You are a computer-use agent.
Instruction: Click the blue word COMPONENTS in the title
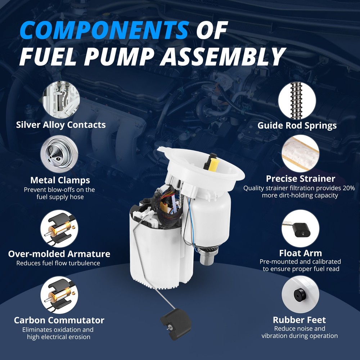pyautogui.click(x=104, y=30)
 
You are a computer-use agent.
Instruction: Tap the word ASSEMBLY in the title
pyautogui.click(x=223, y=57)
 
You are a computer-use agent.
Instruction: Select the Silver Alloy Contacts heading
pyautogui.click(x=61, y=125)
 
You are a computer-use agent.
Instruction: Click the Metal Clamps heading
pyautogui.click(x=60, y=180)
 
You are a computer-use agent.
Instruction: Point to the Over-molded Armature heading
pyautogui.click(x=59, y=254)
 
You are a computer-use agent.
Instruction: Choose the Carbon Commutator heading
pyautogui.click(x=59, y=320)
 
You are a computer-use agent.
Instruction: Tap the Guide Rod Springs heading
pyautogui.click(x=297, y=125)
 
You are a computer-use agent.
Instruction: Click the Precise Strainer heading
pyautogui.click(x=301, y=179)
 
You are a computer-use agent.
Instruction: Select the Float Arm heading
pyautogui.click(x=300, y=253)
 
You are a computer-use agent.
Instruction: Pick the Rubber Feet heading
pyautogui.click(x=299, y=320)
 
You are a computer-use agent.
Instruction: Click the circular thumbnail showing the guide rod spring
pyautogui.click(x=297, y=101)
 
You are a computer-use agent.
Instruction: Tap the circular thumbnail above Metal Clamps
pyautogui.click(x=59, y=154)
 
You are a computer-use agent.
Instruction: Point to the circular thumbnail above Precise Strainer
pyautogui.click(x=300, y=153)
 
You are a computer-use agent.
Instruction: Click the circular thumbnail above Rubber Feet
pyautogui.click(x=300, y=294)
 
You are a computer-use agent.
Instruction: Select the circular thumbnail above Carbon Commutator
pyautogui.click(x=59, y=295)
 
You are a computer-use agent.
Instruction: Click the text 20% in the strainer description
pyautogui.click(x=348, y=188)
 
